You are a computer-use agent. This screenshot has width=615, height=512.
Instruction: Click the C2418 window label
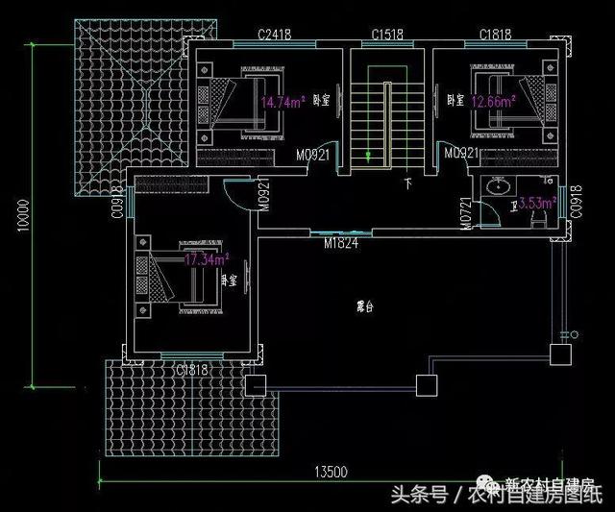click(x=275, y=36)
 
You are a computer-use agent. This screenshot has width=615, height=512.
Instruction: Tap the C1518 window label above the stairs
click(x=387, y=36)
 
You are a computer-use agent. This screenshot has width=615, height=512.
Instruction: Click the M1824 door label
click(x=341, y=243)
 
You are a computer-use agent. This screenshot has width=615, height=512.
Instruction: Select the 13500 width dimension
click(x=330, y=471)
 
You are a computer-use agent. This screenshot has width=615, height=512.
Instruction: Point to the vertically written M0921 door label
click(x=262, y=197)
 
